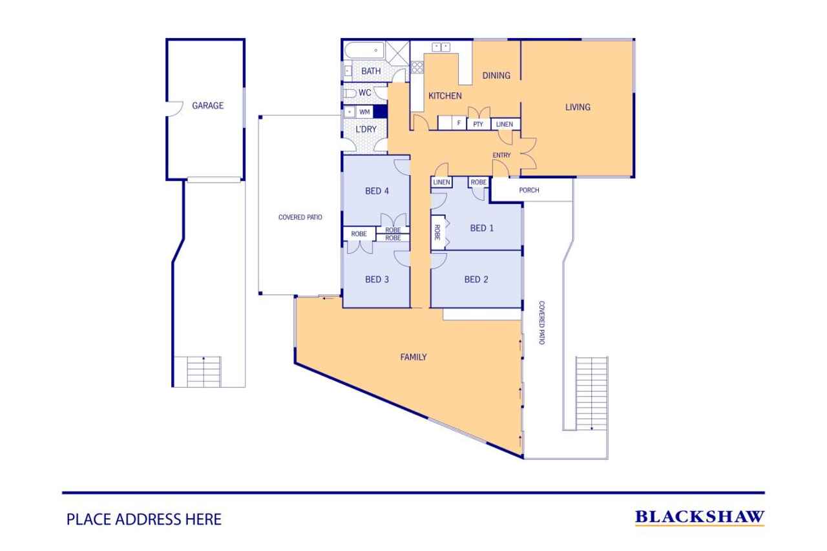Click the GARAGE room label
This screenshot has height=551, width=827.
[207, 105]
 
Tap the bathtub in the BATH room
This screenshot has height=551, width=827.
[364, 50]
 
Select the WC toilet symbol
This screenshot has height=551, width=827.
[350, 93]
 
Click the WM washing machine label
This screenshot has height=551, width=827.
[364, 112]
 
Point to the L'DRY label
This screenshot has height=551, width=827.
[366, 129]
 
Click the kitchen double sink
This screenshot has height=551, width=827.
[441, 47]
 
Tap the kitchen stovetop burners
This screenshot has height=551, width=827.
[417, 67]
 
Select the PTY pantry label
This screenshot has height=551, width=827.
[478, 124]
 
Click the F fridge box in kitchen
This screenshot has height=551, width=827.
[459, 123]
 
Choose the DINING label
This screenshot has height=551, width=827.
[496, 76]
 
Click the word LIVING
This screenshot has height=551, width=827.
[578, 107]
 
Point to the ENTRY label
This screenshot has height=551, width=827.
[501, 156]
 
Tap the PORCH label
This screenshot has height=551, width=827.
[529, 190]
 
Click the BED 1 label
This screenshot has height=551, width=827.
[482, 228]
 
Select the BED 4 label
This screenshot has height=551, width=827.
[377, 191]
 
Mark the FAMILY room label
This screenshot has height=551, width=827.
[413, 357]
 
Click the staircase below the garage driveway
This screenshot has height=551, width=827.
[204, 371]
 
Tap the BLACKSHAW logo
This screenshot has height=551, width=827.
[700, 517]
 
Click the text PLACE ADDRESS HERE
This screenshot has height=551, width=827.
[144, 519]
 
